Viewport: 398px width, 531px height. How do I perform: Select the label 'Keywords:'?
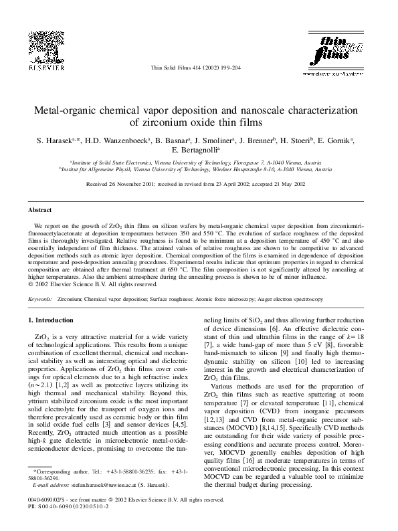[40, 299]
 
